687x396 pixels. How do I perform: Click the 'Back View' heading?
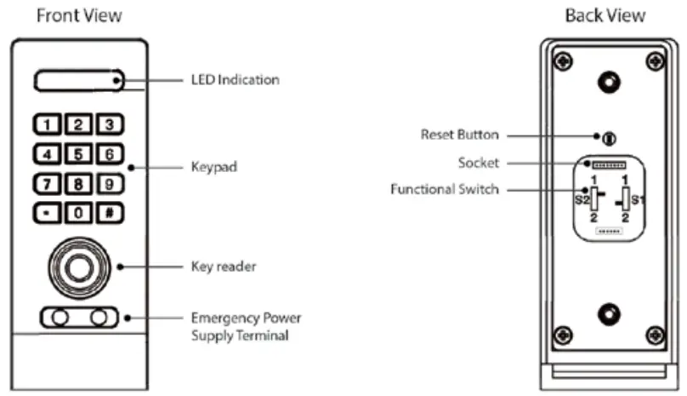(605, 15)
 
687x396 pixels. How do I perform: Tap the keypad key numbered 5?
(78, 154)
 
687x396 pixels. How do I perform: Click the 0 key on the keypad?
(78, 213)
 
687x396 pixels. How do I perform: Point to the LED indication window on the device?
(79, 80)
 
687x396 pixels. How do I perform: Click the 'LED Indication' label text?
(235, 80)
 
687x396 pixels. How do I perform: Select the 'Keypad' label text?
(214, 168)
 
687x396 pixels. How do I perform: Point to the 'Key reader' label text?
(224, 267)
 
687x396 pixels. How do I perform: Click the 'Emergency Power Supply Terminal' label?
(246, 327)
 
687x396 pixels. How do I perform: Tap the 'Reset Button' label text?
(460, 135)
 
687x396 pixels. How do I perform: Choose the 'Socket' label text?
(479, 162)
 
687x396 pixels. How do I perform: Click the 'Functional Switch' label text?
(445, 189)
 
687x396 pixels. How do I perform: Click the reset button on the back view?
(608, 137)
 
